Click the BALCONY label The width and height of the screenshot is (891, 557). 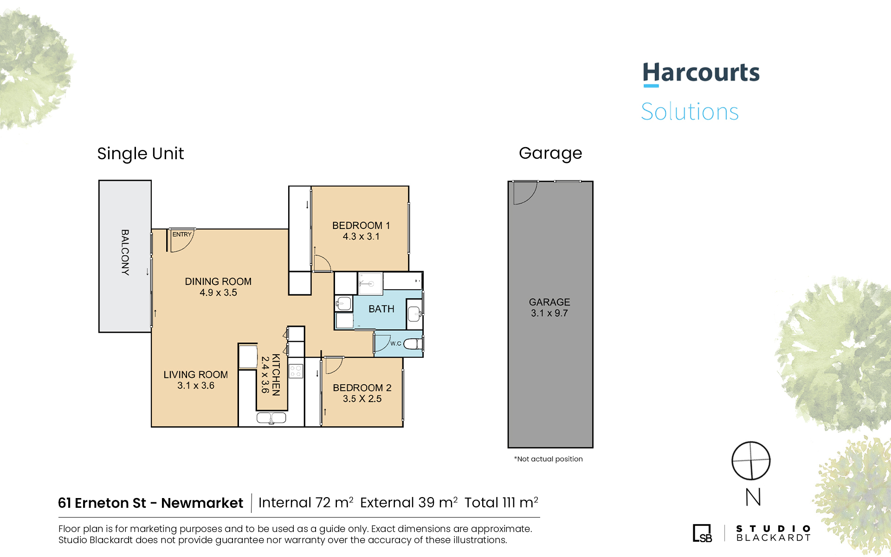tap(125, 253)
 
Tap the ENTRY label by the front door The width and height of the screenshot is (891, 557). tap(182, 234)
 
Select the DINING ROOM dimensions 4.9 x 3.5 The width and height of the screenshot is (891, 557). tap(218, 293)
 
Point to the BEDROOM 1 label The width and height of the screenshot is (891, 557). tap(361, 226)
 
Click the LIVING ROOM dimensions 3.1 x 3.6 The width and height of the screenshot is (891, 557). tap(196, 386)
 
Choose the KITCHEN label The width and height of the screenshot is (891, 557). tap(276, 375)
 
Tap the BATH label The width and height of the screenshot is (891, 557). tap(381, 309)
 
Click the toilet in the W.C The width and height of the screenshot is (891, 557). tap(413, 344)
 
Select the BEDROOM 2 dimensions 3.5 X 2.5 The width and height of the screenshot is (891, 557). tap(362, 399)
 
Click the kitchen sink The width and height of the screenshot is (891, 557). tap(271, 418)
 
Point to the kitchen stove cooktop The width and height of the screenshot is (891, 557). tap(296, 371)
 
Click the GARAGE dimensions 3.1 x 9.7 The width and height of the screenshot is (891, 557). tap(549, 313)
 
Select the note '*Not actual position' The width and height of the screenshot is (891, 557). tap(548, 459)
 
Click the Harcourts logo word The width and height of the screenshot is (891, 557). tap(701, 73)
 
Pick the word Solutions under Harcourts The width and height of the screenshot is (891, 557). tap(690, 112)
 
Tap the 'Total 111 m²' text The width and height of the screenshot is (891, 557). tap(501, 503)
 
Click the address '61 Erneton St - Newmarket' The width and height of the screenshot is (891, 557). tap(150, 503)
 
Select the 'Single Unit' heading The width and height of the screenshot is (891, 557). tap(141, 154)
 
